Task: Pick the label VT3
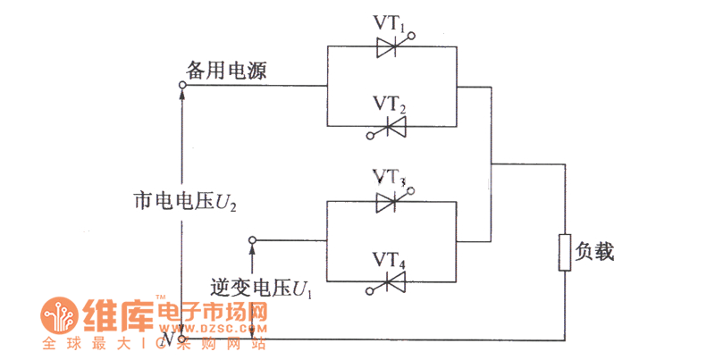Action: (390, 176)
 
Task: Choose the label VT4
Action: (390, 260)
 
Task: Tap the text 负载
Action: (595, 252)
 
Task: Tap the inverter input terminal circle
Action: (253, 240)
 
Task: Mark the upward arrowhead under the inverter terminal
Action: (253, 251)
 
